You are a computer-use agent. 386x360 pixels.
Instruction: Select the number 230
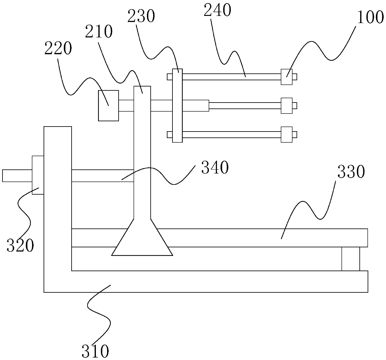click(141, 16)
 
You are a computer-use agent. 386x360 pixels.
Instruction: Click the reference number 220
click(58, 49)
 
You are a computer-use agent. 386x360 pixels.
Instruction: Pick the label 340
click(215, 168)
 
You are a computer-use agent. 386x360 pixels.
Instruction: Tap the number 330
click(351, 172)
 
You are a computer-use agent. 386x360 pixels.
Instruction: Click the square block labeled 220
click(108, 105)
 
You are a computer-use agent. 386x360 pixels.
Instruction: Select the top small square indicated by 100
click(286, 77)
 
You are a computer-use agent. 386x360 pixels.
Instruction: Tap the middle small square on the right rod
click(286, 106)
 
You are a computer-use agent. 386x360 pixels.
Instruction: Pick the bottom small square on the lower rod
click(286, 134)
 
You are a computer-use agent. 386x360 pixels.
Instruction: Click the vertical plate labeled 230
click(177, 106)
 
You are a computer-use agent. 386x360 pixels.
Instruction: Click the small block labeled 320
click(38, 175)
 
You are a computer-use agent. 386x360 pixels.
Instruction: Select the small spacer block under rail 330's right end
click(351, 259)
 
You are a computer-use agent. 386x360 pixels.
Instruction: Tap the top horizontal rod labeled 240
click(232, 77)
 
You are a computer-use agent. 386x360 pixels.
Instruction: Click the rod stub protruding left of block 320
click(17, 175)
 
